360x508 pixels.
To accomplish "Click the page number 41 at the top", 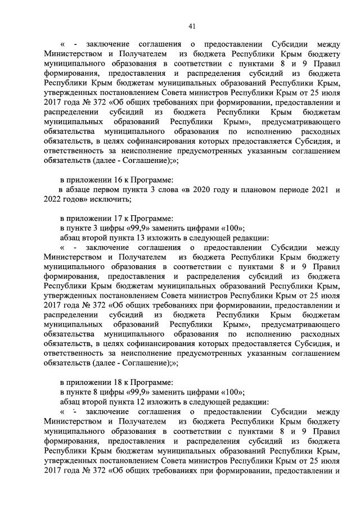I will (x=191, y=26).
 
